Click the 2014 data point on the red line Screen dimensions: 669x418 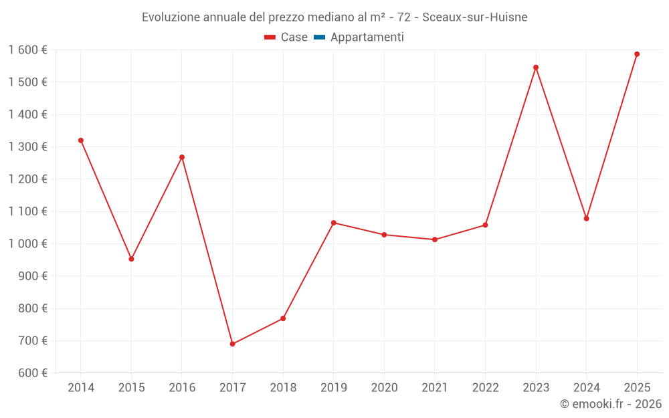click(x=81, y=140)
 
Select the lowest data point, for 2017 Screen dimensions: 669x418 click(x=233, y=344)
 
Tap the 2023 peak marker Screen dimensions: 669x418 click(x=536, y=68)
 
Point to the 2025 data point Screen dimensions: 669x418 click(x=637, y=54)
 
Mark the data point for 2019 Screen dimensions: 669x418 click(x=334, y=223)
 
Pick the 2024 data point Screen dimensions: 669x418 click(x=586, y=219)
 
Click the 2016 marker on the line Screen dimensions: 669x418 click(x=182, y=157)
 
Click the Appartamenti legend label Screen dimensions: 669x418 click(x=367, y=37)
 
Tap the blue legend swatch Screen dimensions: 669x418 click(x=320, y=37)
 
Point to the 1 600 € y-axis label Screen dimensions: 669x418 click(x=27, y=49)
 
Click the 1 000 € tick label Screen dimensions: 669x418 click(x=27, y=243)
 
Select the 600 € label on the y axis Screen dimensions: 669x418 click(x=33, y=373)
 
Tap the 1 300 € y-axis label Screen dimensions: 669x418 click(x=27, y=146)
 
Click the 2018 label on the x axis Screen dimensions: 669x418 click(x=283, y=387)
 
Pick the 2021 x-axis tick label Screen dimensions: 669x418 click(x=435, y=387)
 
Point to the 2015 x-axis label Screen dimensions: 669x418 click(x=131, y=387)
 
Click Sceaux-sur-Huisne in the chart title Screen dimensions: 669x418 click(x=475, y=17)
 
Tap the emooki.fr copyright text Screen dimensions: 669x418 click(x=611, y=403)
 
